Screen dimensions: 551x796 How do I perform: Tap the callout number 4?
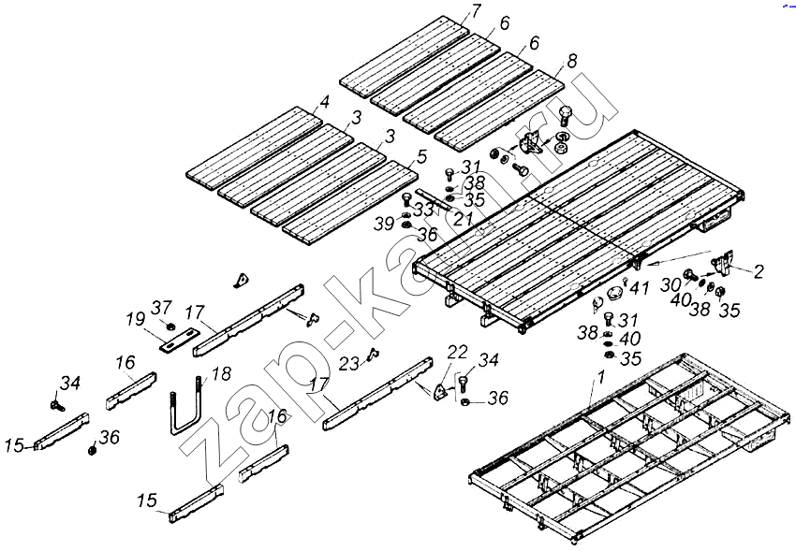(324, 101)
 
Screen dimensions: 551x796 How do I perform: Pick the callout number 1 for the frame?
(600, 379)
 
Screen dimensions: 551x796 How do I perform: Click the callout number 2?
(758, 272)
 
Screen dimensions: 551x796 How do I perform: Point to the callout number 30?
(671, 284)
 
